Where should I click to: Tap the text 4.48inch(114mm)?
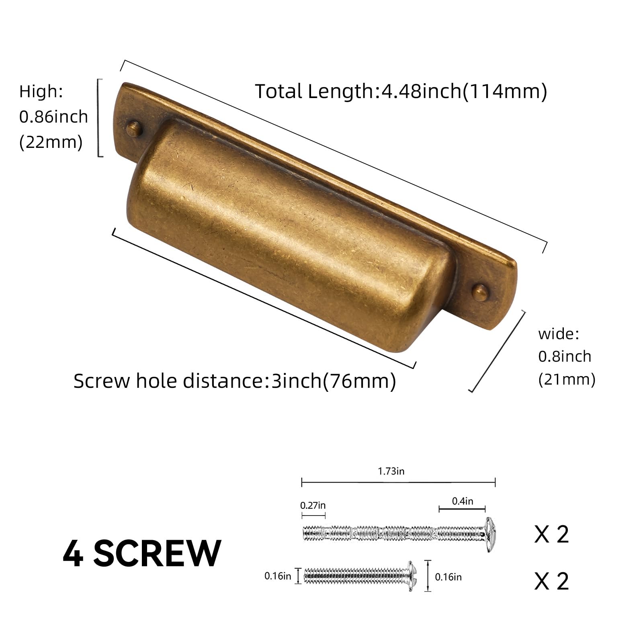tap(464, 91)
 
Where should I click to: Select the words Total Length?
tap(314, 91)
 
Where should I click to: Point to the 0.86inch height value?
tap(53, 117)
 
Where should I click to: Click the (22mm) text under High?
tap(51, 142)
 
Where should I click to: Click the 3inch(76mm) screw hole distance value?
tap(334, 381)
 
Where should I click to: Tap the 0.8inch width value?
tap(565, 356)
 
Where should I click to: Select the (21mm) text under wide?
tap(567, 379)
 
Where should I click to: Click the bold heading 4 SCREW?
tap(142, 553)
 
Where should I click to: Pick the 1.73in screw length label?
tap(391, 471)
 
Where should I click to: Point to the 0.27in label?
tap(313, 505)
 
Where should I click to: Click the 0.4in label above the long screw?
tap(463, 501)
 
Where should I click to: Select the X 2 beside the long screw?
tap(551, 535)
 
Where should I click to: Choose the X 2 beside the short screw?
tap(551, 581)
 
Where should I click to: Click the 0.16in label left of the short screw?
tap(277, 576)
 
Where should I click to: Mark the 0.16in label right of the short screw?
tap(448, 577)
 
